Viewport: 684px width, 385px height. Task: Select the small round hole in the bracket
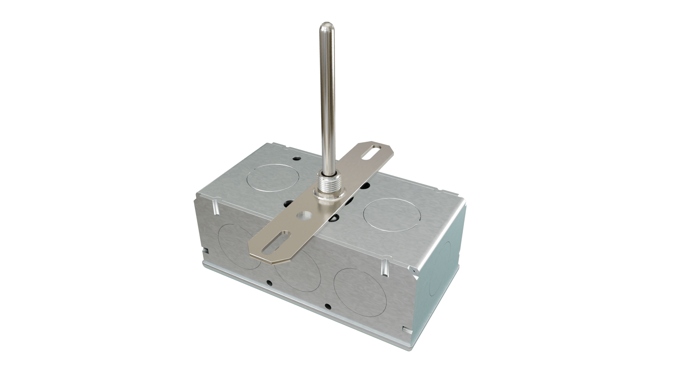tap(304, 216)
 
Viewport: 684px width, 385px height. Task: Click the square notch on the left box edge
tap(205, 250)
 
